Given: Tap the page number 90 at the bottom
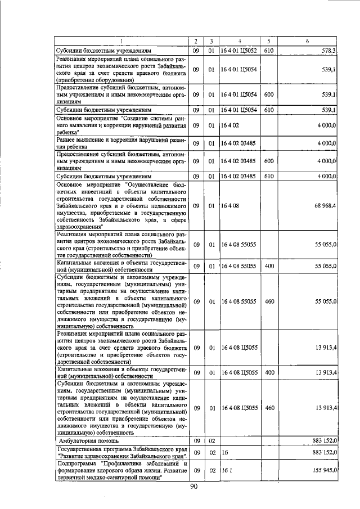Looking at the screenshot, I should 195,487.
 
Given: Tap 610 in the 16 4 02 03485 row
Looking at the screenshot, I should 269,175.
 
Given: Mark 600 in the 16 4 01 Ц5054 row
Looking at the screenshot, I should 269,94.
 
